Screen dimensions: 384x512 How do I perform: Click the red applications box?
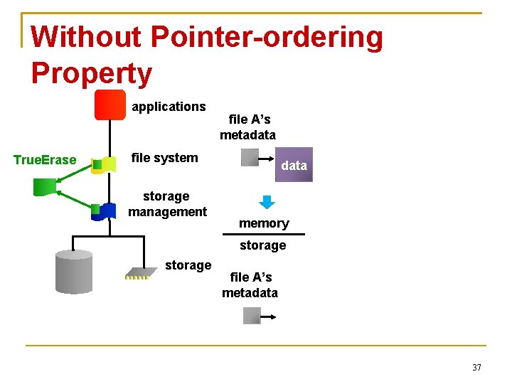(110, 105)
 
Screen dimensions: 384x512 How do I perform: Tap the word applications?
(169, 107)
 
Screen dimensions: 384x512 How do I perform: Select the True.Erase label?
(45, 160)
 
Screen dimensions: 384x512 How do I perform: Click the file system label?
(165, 158)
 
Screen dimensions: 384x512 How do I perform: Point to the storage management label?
(167, 203)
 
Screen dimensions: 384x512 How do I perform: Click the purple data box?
(294, 165)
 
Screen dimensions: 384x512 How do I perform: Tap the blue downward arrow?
(267, 202)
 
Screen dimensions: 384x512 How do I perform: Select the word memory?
(264, 223)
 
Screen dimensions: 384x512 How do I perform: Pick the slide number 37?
(476, 368)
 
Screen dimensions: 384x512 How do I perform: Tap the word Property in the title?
(92, 73)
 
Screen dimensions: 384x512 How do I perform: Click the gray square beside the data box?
(250, 157)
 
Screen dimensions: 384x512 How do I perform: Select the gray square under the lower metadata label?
(252, 315)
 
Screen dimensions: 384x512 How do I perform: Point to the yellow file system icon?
(104, 165)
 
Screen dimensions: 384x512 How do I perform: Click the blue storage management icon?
(105, 210)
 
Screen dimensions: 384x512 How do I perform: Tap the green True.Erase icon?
(45, 186)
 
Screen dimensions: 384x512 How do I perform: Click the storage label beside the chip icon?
(188, 265)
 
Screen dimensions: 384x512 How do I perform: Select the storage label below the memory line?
(262, 245)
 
